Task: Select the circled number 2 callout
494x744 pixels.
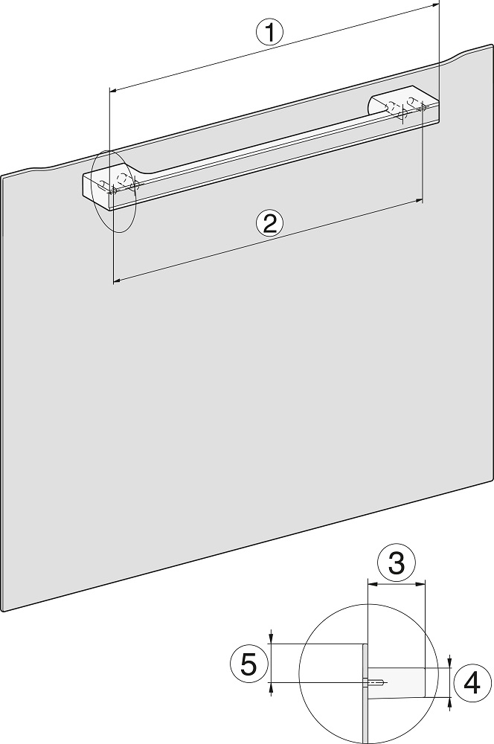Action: coord(269,224)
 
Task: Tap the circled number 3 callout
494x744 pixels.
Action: coord(397,562)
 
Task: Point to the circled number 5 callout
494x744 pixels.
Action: coord(248,664)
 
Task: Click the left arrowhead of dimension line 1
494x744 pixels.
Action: coord(113,89)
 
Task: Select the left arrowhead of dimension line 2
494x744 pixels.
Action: coord(117,281)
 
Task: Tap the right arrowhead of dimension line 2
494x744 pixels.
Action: coord(419,202)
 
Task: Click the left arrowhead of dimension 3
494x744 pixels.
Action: coord(372,585)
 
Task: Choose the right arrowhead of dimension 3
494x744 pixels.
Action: coord(421,585)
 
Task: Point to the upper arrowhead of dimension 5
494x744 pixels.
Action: coord(271,639)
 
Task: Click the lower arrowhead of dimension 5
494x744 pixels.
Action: coord(271,687)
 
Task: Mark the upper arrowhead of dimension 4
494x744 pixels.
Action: coord(449,663)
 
